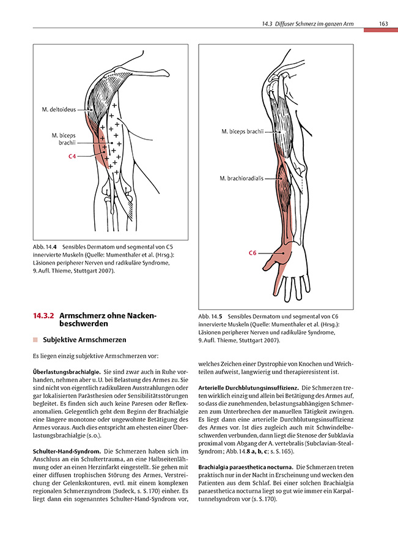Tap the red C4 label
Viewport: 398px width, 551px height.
tap(72, 157)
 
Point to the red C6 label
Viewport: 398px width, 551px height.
tap(252, 252)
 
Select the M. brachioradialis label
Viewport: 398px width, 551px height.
tap(241, 178)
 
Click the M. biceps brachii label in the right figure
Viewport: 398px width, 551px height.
tap(243, 132)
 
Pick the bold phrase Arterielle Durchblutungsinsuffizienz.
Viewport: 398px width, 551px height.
tap(248, 388)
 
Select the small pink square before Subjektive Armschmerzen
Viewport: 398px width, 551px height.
tap(35, 340)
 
